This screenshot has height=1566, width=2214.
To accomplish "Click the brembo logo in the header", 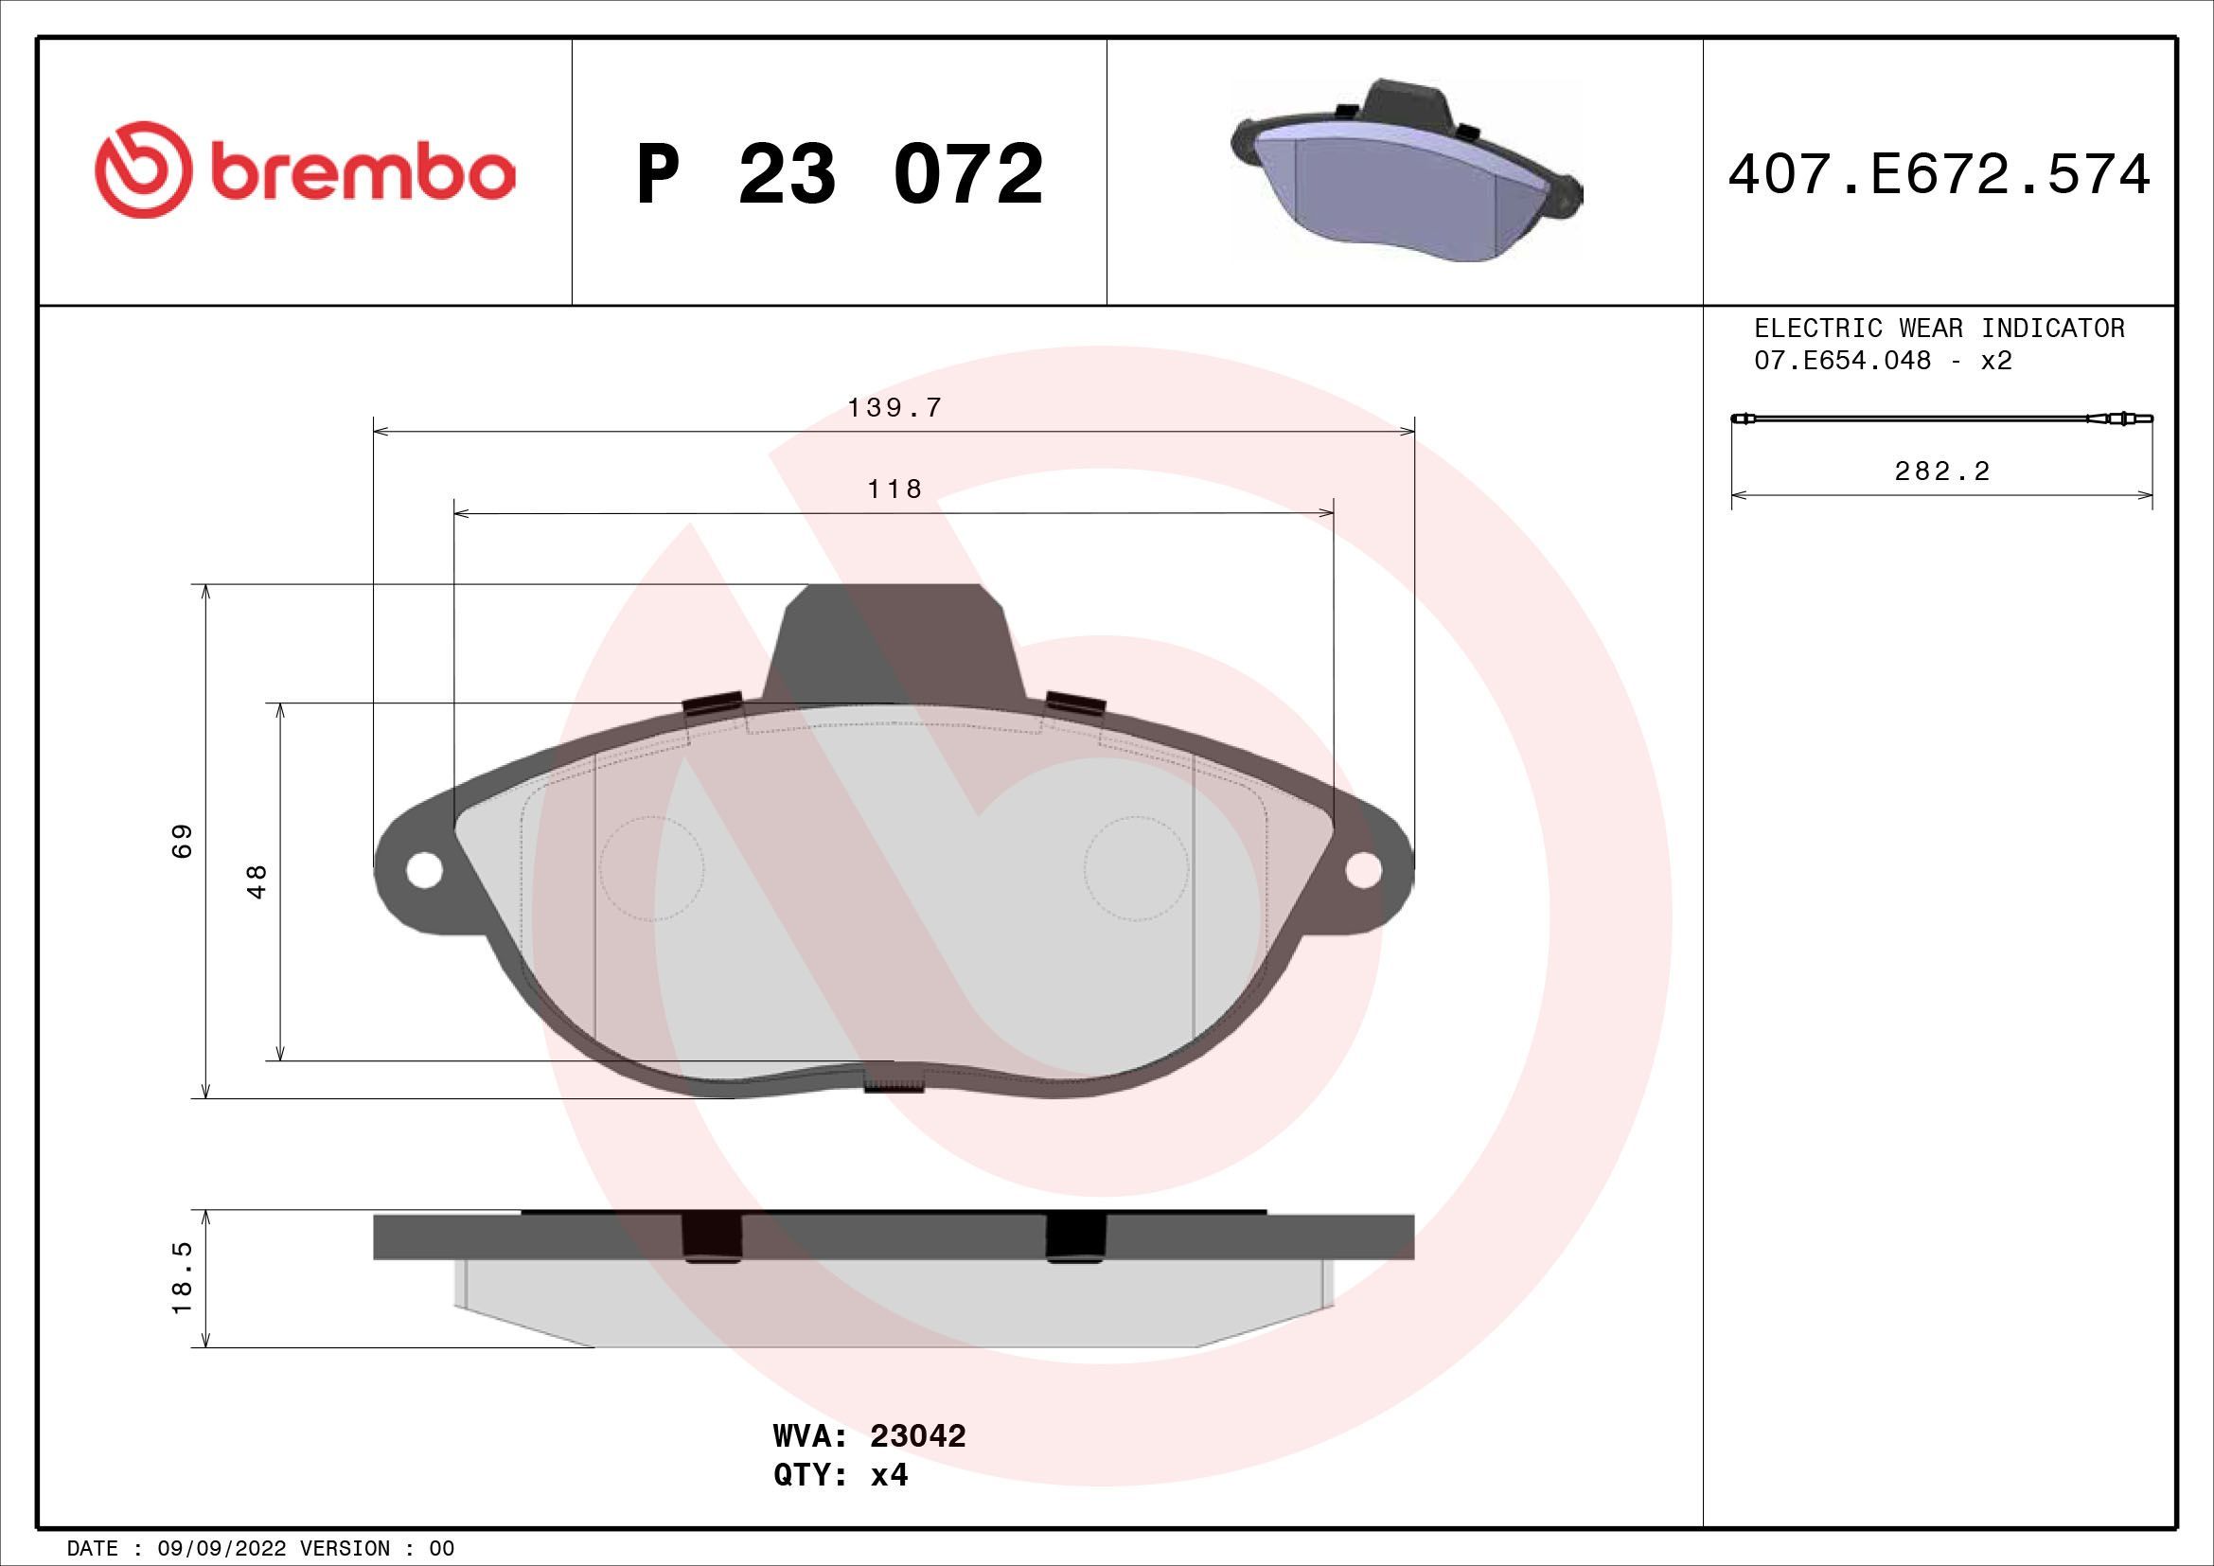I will tap(305, 170).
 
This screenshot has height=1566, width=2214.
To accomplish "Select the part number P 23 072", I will tap(839, 174).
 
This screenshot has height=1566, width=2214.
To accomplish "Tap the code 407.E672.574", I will tap(1939, 175).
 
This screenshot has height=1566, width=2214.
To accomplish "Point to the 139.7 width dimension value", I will tap(894, 408).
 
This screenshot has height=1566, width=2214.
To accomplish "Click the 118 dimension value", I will tap(894, 489).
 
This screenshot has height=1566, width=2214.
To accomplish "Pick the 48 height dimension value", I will tap(257, 881).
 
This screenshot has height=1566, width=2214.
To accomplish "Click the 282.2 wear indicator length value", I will tap(1942, 472).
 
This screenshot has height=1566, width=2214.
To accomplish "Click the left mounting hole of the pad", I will tap(423, 870).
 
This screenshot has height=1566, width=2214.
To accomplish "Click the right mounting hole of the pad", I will tap(1362, 870).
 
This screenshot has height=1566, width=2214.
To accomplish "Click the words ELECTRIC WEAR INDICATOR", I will tap(1939, 329).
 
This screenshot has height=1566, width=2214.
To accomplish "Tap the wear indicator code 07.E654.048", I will tap(1842, 361).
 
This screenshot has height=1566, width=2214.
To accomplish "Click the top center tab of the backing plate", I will tap(894, 641).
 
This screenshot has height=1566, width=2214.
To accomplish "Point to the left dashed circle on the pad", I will tap(652, 868).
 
